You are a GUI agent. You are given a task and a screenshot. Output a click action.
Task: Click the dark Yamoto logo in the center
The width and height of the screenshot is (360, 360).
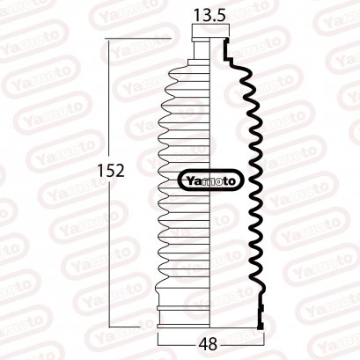pyautogui.click(x=209, y=180)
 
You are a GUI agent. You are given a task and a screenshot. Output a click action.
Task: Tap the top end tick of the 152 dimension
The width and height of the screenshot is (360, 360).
pyautogui.click(x=110, y=39)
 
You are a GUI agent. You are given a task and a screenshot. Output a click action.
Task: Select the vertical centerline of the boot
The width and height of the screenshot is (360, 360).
pyautogui.click(x=209, y=246)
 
